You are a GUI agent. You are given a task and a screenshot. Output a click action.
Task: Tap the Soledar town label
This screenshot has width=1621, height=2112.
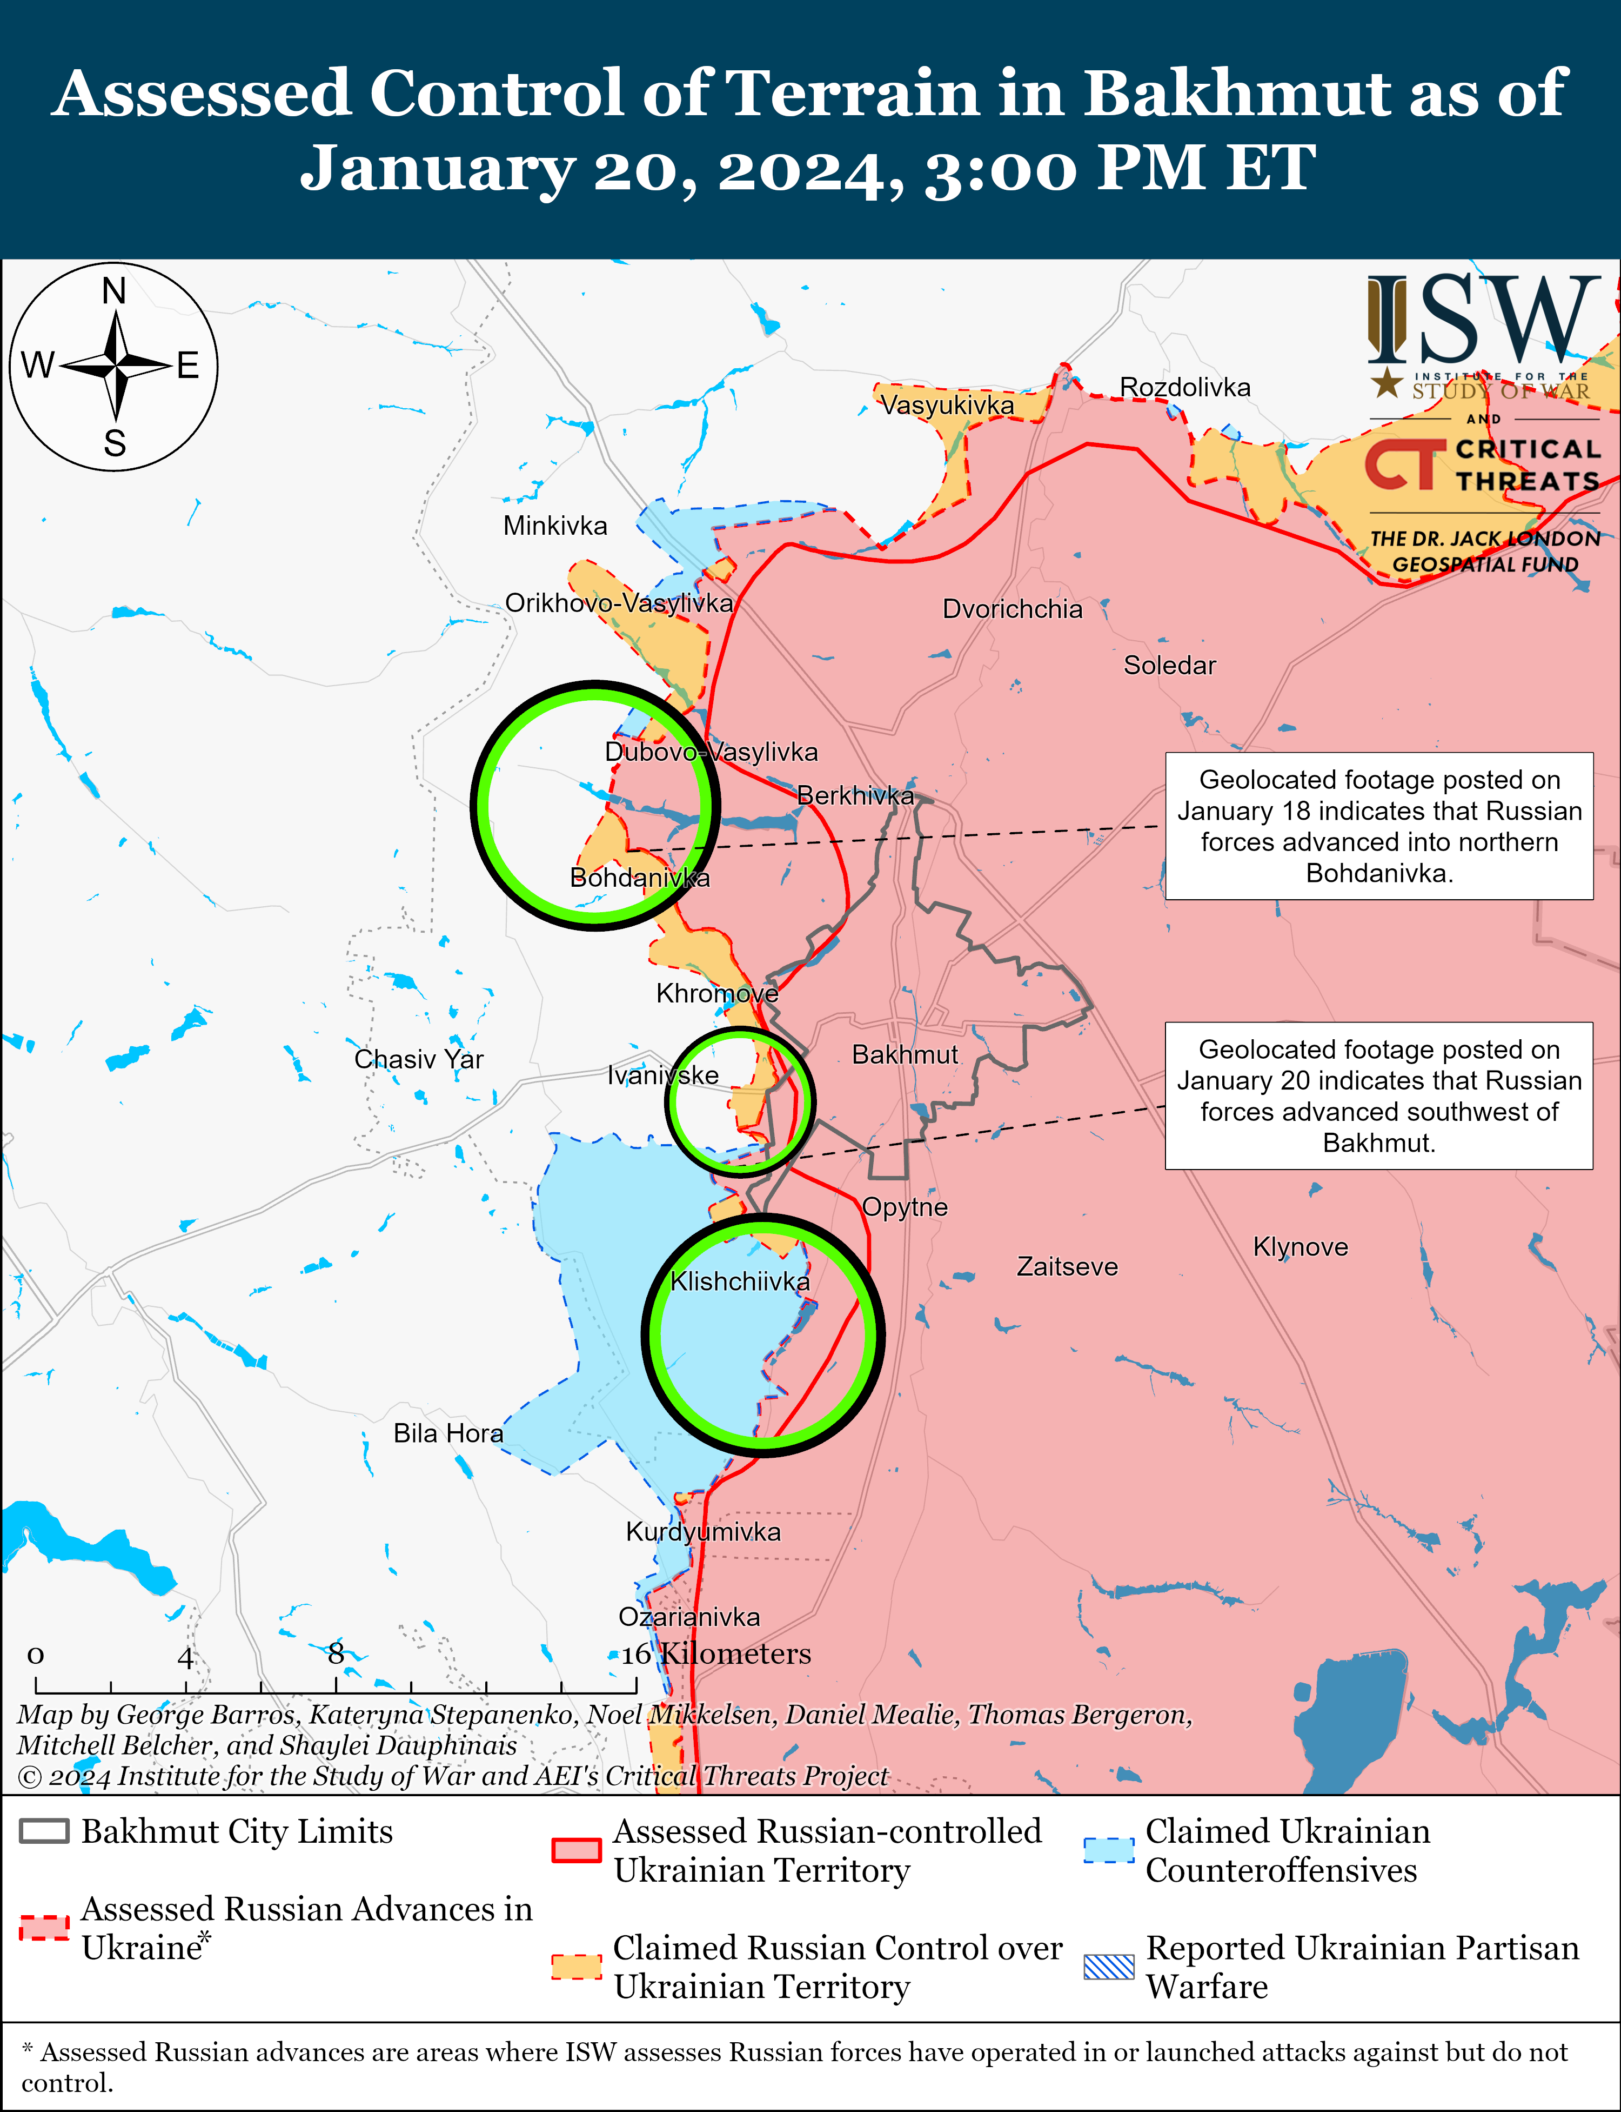tap(1169, 665)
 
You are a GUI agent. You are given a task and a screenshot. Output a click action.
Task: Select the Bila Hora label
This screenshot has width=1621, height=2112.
tap(448, 1433)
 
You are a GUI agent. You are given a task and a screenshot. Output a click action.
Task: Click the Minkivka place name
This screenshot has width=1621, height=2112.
tap(555, 526)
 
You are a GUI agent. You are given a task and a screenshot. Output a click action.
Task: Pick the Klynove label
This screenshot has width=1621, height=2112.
tap(1300, 1247)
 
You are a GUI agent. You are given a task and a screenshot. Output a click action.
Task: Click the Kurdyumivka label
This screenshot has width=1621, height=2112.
tap(704, 1532)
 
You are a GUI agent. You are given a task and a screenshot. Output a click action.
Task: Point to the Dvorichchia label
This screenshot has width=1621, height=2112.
tap(1012, 609)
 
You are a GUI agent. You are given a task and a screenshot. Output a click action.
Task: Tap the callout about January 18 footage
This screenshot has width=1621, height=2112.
tap(1379, 826)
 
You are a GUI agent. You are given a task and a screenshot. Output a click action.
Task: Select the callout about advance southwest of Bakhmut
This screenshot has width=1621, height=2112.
tap(1379, 1095)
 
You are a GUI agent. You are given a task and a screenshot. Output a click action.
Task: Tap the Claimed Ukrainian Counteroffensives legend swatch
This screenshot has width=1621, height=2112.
tap(1109, 1849)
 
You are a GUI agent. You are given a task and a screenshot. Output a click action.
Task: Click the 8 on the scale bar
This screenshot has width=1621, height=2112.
tap(336, 1653)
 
